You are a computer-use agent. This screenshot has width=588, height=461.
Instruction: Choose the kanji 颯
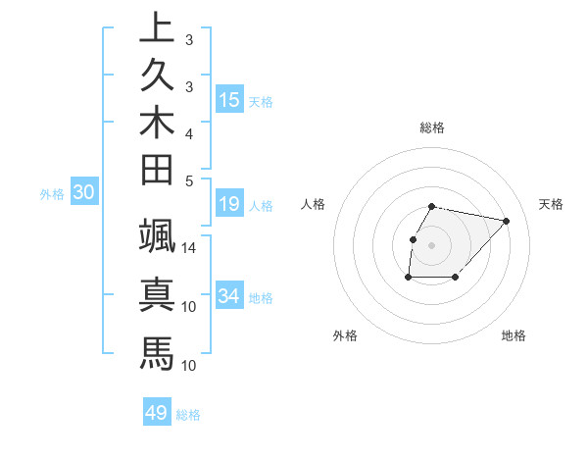(x=157, y=238)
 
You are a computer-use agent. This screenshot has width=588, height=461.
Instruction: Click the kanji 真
(x=157, y=295)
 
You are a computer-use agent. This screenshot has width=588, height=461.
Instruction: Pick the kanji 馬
(x=157, y=352)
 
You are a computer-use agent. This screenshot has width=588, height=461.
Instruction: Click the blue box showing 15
(x=229, y=99)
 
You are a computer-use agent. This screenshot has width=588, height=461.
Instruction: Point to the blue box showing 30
(x=84, y=193)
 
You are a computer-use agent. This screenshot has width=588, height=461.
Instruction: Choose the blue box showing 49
(x=157, y=413)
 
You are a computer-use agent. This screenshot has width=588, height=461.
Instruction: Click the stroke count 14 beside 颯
(x=189, y=248)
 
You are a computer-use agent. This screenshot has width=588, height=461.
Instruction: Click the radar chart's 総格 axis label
(x=432, y=128)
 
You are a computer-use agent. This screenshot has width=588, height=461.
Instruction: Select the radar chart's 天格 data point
(x=507, y=221)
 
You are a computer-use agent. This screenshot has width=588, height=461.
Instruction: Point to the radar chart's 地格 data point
(x=456, y=278)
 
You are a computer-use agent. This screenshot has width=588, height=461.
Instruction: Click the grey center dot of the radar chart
(x=432, y=244)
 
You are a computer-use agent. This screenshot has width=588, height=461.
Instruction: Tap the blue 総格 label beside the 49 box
(x=188, y=415)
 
